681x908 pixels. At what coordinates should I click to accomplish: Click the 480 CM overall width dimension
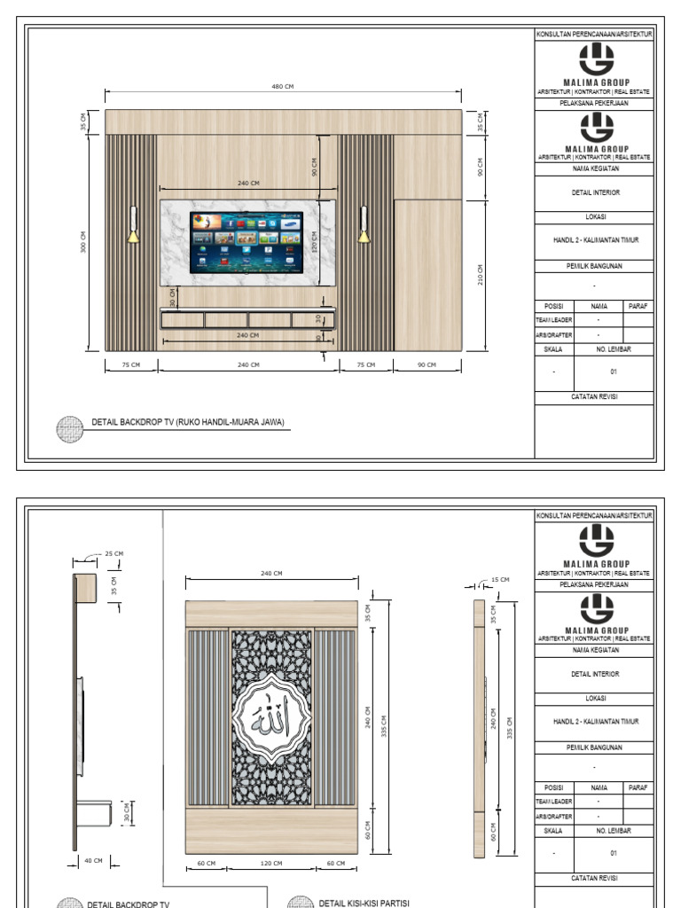click(283, 86)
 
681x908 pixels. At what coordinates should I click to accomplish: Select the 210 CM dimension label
click(480, 274)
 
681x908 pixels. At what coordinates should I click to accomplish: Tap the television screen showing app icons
click(246, 242)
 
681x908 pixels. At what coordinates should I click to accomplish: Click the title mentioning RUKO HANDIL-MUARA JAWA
click(188, 423)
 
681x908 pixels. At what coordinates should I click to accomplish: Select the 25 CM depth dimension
click(114, 554)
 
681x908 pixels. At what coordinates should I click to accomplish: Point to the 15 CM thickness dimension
click(501, 580)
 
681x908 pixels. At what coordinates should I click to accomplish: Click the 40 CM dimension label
click(93, 860)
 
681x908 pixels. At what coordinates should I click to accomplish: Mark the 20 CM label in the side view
click(128, 811)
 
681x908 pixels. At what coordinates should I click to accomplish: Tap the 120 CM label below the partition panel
click(271, 862)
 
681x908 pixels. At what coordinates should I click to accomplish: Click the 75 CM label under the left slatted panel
click(131, 364)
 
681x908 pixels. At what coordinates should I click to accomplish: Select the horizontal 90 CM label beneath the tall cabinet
click(427, 364)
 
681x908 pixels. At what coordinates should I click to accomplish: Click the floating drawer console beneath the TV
click(248, 318)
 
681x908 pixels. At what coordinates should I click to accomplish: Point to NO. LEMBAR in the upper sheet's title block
click(613, 349)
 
